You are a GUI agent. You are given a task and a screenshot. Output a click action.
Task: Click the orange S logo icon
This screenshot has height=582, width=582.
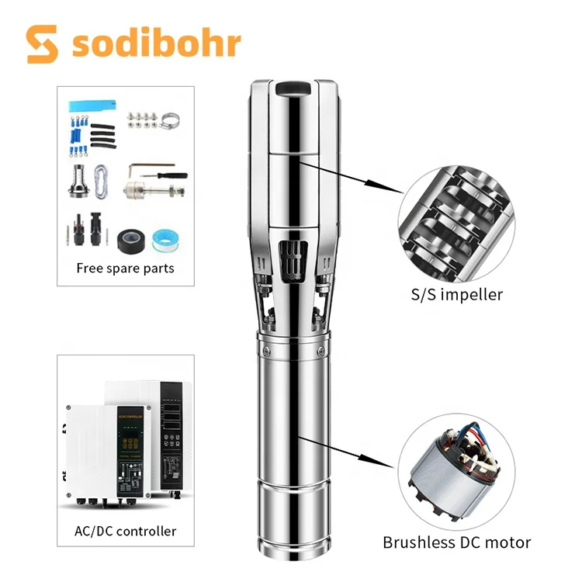(x=43, y=45)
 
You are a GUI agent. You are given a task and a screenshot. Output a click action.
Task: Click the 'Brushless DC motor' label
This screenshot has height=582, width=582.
(x=456, y=542)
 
